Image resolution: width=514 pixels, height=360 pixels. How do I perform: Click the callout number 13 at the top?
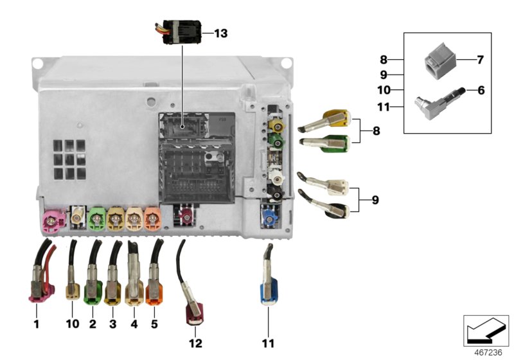click(x=220, y=33)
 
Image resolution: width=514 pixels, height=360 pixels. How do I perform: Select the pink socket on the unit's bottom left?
click(x=50, y=222)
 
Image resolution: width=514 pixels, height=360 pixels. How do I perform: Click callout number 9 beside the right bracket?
click(x=375, y=200)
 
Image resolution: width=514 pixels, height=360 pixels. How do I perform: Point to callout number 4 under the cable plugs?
click(x=134, y=324)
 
